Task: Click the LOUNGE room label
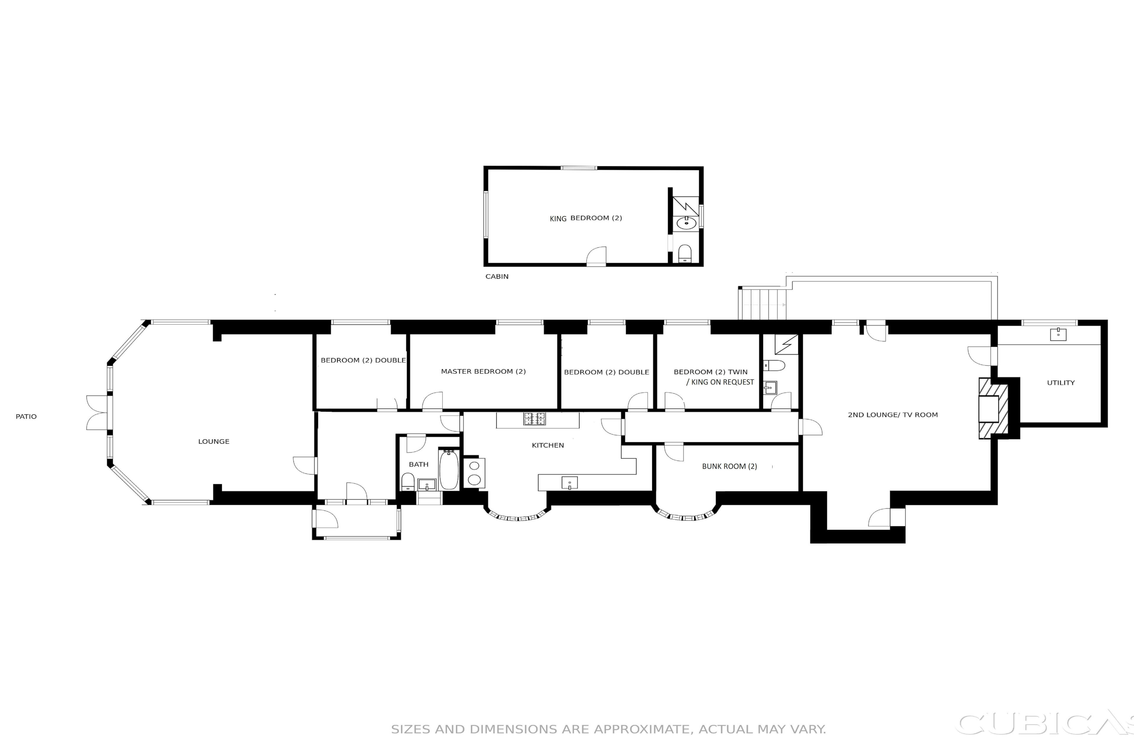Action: click(x=214, y=442)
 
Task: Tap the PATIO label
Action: click(x=26, y=417)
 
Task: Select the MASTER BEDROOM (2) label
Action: click(x=483, y=371)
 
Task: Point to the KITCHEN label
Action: click(x=548, y=446)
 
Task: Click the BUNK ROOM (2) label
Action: click(x=729, y=466)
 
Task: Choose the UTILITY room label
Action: click(x=1061, y=383)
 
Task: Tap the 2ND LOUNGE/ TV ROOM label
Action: click(x=893, y=415)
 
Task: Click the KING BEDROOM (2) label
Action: click(x=586, y=219)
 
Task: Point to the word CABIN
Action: click(x=497, y=277)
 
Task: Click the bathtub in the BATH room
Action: click(x=449, y=470)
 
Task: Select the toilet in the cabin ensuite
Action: click(x=685, y=253)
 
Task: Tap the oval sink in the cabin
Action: click(x=686, y=223)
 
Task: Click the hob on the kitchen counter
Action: click(x=535, y=419)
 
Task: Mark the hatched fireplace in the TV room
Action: click(x=993, y=408)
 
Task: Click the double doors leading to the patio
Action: click(x=97, y=413)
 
